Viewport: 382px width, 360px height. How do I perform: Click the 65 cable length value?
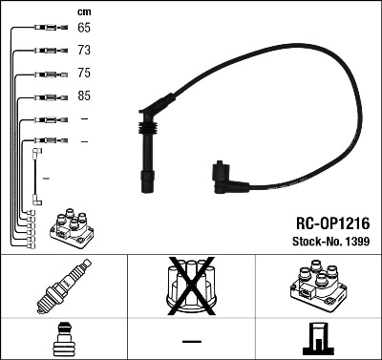(x=84, y=29)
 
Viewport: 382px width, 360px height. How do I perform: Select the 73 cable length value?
(x=84, y=51)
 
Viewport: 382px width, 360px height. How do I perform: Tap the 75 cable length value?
(x=84, y=73)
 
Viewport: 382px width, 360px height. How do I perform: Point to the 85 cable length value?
(x=84, y=95)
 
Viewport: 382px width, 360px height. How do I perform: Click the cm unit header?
(x=83, y=11)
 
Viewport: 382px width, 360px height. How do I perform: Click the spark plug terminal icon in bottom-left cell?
(x=63, y=340)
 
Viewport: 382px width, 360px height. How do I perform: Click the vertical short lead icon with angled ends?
(x=37, y=175)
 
